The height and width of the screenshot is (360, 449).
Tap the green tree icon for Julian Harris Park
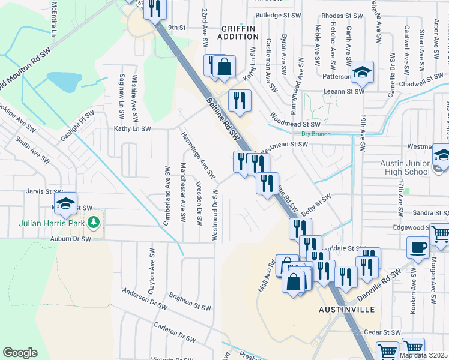pyautogui.click(x=93, y=223)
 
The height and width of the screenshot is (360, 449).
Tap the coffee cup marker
pyautogui.click(x=418, y=247)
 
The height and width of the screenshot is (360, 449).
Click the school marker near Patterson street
pyautogui.click(x=362, y=74)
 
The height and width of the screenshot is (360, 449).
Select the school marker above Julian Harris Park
pyautogui.click(x=66, y=203)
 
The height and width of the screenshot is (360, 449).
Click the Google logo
pyautogui.click(x=20, y=353)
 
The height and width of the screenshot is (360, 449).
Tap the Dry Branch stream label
pyautogui.click(x=316, y=134)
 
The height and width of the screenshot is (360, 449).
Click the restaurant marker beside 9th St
pyautogui.click(x=155, y=8)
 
